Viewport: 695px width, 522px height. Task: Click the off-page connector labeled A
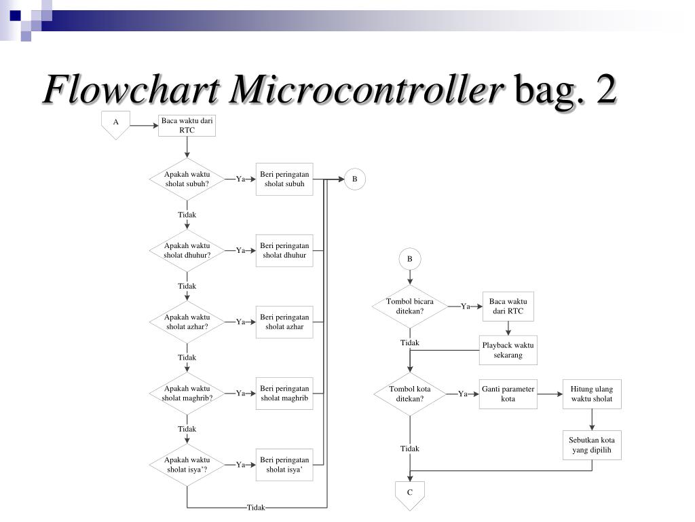(x=116, y=124)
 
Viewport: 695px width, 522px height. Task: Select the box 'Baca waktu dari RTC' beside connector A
(x=187, y=125)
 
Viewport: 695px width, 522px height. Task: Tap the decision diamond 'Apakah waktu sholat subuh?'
(x=187, y=179)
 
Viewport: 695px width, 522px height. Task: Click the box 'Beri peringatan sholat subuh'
(x=284, y=179)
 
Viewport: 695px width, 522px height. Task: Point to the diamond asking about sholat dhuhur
(x=187, y=250)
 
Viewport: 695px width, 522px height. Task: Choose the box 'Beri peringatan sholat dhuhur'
(x=284, y=250)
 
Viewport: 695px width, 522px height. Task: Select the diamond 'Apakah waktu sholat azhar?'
(x=187, y=321)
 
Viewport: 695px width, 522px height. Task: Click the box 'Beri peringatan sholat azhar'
(x=284, y=321)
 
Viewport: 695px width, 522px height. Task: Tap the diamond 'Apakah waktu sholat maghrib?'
(x=187, y=393)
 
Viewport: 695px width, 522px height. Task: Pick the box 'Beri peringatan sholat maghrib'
(x=284, y=393)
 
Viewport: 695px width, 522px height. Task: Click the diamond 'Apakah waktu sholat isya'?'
(x=187, y=464)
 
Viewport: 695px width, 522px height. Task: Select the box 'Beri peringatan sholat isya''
(x=284, y=464)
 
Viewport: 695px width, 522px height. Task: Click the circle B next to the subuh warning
(x=354, y=179)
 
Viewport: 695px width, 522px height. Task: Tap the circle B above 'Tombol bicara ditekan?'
(x=409, y=259)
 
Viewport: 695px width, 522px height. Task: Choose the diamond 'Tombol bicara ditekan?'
(x=409, y=306)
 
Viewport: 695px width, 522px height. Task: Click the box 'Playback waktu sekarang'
(x=508, y=350)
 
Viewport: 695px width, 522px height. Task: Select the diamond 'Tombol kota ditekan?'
(x=409, y=394)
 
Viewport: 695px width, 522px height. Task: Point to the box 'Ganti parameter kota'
(x=508, y=394)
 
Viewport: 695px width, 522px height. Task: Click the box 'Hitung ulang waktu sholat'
(x=592, y=394)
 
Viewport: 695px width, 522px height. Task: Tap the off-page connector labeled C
(x=409, y=494)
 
